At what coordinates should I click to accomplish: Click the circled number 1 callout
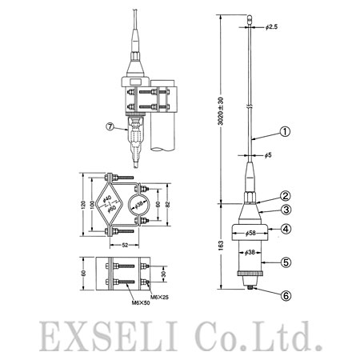click(285, 132)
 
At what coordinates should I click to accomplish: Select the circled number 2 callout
click(285, 196)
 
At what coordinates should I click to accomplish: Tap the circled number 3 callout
click(286, 210)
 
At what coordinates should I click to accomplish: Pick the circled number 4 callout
click(286, 229)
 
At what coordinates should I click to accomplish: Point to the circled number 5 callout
click(286, 262)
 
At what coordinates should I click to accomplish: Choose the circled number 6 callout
click(286, 296)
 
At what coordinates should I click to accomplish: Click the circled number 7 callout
click(110, 126)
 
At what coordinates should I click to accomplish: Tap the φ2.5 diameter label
click(271, 27)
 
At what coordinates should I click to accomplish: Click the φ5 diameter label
click(268, 155)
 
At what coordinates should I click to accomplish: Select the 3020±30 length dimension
click(221, 111)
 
